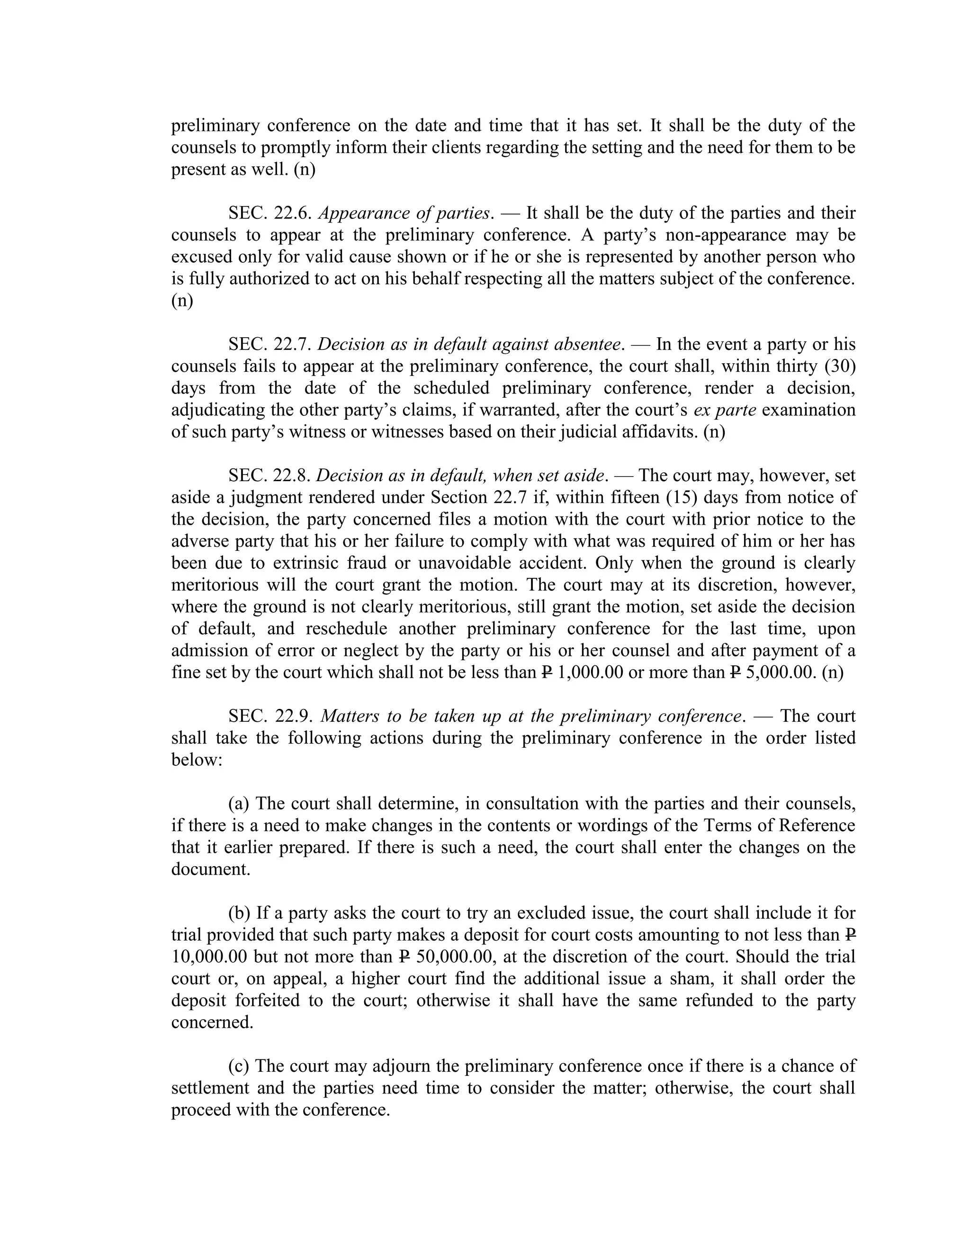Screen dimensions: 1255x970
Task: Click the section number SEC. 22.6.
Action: click(269, 213)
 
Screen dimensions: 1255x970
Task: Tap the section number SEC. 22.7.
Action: click(269, 344)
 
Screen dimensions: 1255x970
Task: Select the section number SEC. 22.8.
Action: click(269, 475)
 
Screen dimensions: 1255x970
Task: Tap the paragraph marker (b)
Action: click(239, 913)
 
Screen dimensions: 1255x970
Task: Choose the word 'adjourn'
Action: click(402, 1066)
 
